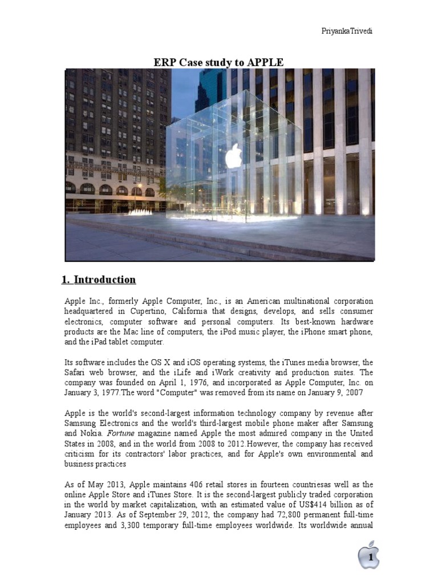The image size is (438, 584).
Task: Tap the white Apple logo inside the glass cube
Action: click(x=233, y=155)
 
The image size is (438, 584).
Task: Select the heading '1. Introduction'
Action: click(x=99, y=279)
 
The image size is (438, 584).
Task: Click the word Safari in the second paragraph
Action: click(x=78, y=372)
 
